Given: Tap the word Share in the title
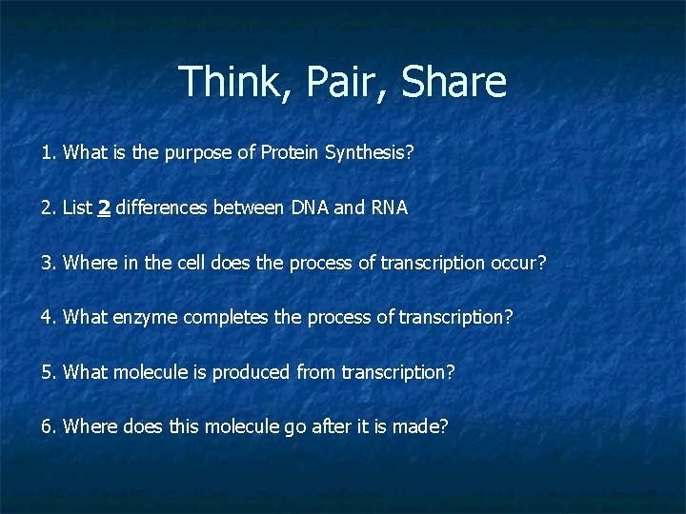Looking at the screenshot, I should [x=454, y=82].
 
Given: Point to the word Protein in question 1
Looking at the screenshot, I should [x=290, y=153].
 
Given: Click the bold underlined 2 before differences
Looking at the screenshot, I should [x=104, y=208].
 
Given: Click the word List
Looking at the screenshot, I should [x=77, y=208].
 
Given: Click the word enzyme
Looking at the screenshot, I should [x=144, y=317].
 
